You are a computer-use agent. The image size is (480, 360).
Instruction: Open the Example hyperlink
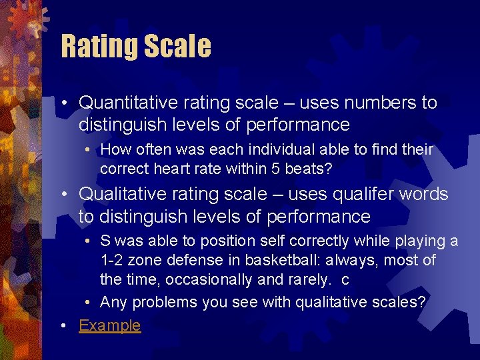point(110,325)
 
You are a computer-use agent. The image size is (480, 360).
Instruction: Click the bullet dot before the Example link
point(63,326)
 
